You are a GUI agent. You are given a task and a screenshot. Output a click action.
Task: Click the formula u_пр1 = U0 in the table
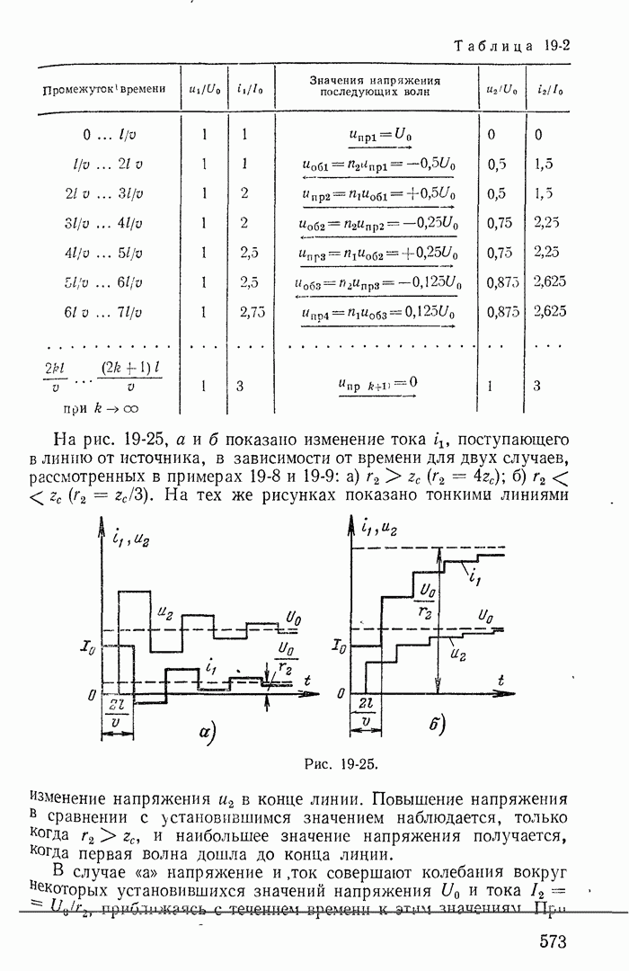pos(379,135)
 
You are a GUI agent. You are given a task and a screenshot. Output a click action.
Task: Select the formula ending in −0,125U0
pos(377,282)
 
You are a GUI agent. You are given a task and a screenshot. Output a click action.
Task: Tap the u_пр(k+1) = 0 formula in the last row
pos(377,384)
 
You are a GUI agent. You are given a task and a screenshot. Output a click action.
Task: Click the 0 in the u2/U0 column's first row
pos(492,135)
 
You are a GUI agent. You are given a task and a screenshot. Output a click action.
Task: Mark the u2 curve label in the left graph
pos(165,613)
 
